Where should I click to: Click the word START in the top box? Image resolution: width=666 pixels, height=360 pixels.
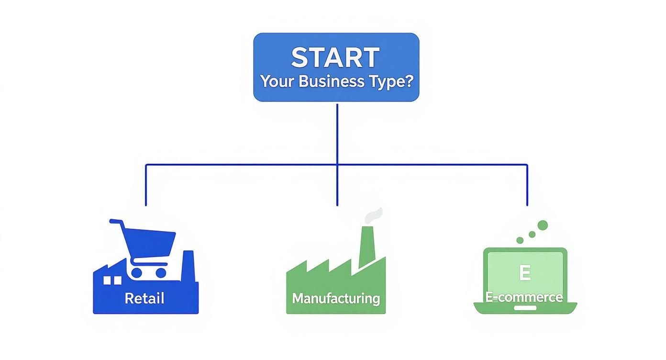(335, 57)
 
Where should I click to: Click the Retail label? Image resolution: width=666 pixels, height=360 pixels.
(144, 298)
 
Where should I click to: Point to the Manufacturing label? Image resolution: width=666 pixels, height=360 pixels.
(336, 298)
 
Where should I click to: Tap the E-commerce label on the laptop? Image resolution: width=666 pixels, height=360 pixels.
(524, 297)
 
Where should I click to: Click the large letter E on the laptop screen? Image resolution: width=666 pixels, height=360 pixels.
(524, 273)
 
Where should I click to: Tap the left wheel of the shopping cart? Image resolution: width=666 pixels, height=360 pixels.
(137, 273)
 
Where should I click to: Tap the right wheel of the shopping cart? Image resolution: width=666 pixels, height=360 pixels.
(161, 273)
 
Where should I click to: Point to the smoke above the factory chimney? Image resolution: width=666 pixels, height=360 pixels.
(374, 215)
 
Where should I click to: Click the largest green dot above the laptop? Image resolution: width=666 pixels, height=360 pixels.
(542, 225)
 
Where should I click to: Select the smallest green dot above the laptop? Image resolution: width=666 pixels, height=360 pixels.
(520, 240)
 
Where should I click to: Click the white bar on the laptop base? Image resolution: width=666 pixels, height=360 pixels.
(525, 308)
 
